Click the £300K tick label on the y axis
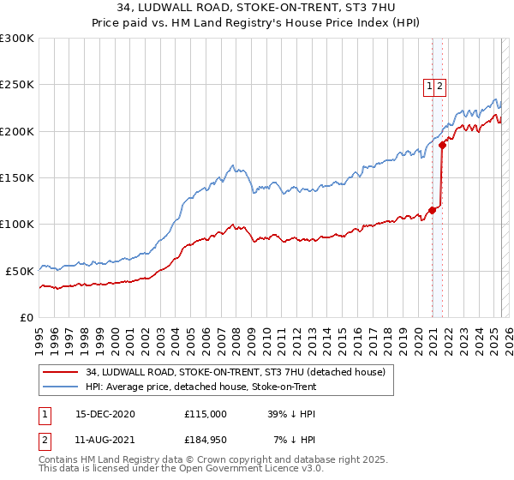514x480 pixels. (x=16, y=39)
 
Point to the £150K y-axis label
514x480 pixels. (x=16, y=177)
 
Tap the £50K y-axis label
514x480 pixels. (x=20, y=271)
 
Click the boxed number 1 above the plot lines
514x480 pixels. (x=429, y=86)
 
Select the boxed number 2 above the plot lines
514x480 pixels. (x=440, y=86)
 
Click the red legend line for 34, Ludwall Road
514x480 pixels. (x=61, y=372)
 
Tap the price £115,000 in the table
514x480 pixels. (x=206, y=413)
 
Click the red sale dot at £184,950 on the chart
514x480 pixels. (x=443, y=146)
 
